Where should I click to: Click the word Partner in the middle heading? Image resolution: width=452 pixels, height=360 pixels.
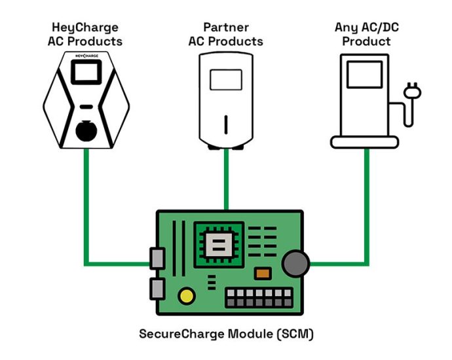pyautogui.click(x=225, y=27)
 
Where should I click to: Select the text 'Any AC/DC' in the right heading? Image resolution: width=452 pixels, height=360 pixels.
pyautogui.click(x=365, y=27)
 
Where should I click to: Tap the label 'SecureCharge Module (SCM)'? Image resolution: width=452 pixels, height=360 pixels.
pyautogui.click(x=226, y=334)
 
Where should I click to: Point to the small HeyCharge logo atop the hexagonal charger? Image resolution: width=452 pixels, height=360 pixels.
pyautogui.click(x=86, y=58)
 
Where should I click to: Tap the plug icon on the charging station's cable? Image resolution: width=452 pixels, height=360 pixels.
pyautogui.click(x=413, y=92)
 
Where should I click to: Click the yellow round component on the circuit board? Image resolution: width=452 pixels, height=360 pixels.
pyautogui.click(x=187, y=296)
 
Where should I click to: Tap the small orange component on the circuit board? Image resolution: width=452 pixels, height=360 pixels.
pyautogui.click(x=263, y=274)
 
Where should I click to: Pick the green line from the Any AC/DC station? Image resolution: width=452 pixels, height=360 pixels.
pyautogui.click(x=365, y=209)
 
